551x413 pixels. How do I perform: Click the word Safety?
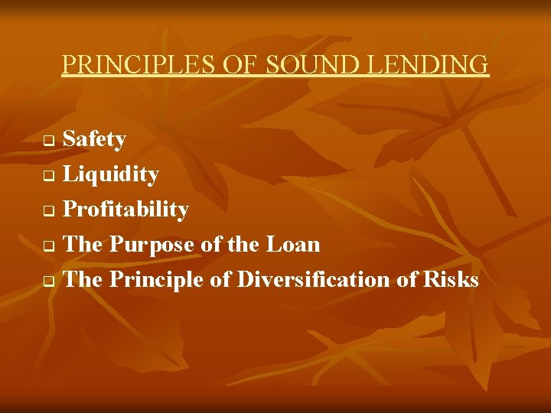click(94, 139)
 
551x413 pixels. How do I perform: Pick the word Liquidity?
click(111, 174)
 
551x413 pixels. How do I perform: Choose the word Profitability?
click(126, 210)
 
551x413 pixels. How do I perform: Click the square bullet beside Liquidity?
click(47, 177)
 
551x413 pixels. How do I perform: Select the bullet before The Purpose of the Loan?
click(47, 247)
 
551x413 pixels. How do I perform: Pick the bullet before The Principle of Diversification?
click(47, 282)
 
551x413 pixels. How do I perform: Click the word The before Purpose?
click(83, 245)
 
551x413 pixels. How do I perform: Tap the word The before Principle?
click(83, 280)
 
